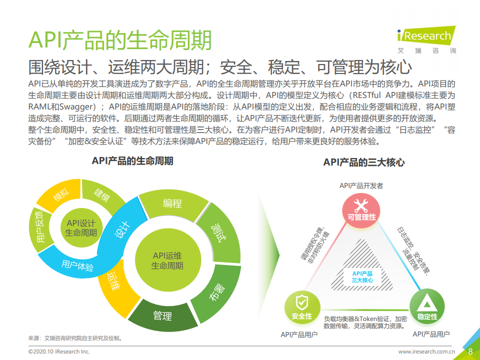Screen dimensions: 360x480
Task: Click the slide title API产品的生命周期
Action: (x=120, y=40)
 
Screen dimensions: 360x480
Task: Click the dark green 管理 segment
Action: (x=162, y=315)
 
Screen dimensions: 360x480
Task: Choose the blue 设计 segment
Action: (x=122, y=230)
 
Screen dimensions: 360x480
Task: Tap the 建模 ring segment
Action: (x=102, y=195)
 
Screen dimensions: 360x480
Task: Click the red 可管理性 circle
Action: (x=361, y=210)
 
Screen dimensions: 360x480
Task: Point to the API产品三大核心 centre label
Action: (x=362, y=277)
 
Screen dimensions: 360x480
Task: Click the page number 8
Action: (x=470, y=351)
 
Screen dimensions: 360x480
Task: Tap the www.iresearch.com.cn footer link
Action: (x=426, y=351)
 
